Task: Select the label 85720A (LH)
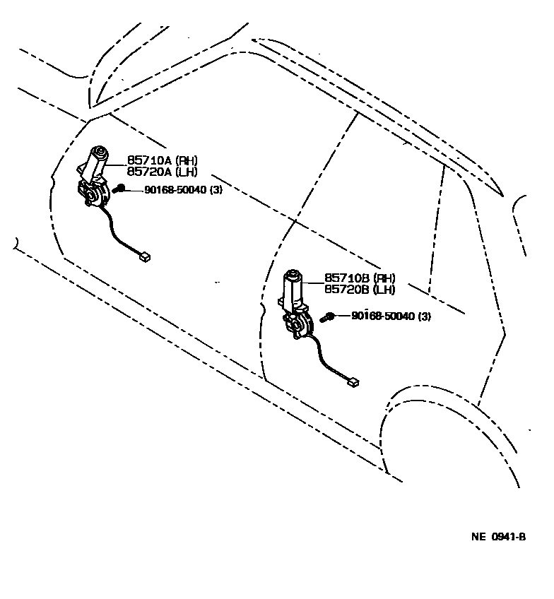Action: [162, 172]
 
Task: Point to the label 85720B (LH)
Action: [360, 290]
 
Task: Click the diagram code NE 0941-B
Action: [498, 537]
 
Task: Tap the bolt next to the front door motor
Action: [120, 189]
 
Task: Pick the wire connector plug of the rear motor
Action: [353, 382]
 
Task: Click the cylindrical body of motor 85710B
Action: [293, 286]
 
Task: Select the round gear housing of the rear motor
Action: [299, 325]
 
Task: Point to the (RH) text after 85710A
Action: [187, 160]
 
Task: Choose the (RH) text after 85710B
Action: [384, 278]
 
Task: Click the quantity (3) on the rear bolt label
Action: [423, 316]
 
